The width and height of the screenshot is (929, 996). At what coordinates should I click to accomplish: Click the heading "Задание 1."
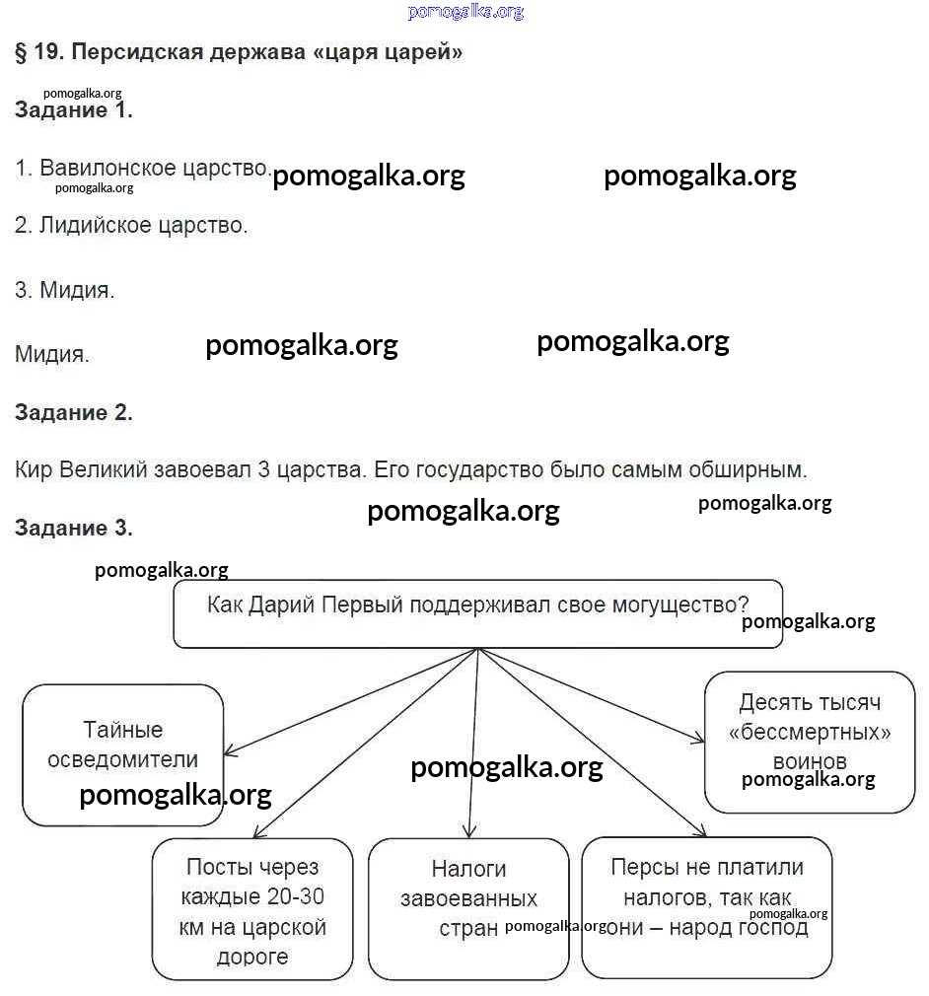[74, 110]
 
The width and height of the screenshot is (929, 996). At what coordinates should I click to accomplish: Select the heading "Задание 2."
[74, 413]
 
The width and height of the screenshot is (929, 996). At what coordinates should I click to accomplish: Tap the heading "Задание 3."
[74, 529]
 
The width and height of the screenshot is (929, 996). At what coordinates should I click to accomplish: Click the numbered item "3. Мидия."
[65, 291]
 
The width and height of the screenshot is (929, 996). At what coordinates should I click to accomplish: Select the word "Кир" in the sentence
[34, 470]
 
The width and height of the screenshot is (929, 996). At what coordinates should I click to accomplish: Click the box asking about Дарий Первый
[477, 613]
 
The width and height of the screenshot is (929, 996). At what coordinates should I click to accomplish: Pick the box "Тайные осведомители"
[123, 754]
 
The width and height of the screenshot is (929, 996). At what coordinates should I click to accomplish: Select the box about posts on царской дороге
[252, 909]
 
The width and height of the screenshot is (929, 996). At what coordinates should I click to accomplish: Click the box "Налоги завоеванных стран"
[468, 909]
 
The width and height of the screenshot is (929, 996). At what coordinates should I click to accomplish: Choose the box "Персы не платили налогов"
[706, 907]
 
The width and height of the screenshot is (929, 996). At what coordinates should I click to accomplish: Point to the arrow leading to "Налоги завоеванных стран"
[474, 749]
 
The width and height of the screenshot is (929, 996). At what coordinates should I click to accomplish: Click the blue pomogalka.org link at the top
[465, 12]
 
